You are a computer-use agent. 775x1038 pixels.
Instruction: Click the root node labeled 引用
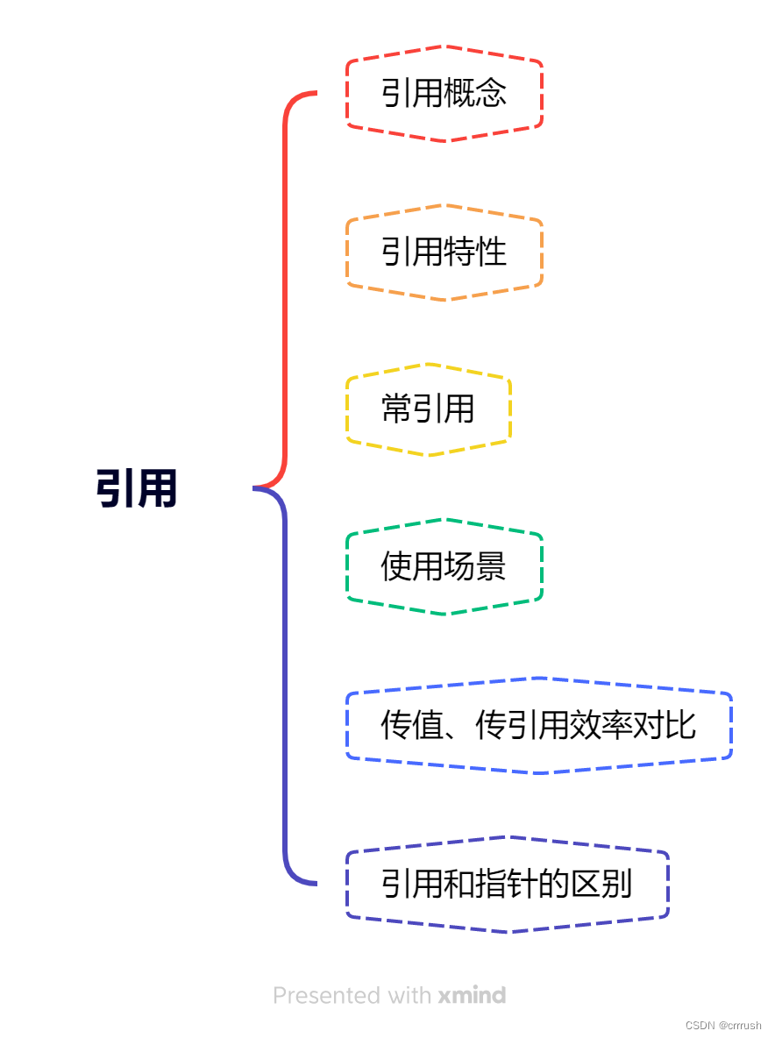click(x=137, y=488)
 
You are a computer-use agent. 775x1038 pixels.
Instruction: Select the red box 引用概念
click(x=444, y=93)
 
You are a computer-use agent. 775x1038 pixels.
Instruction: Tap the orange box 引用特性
click(x=444, y=252)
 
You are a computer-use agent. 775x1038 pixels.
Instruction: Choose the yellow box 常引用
click(x=428, y=409)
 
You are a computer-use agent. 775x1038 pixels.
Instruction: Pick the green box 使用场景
click(x=444, y=567)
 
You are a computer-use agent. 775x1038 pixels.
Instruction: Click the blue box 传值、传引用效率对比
click(x=538, y=725)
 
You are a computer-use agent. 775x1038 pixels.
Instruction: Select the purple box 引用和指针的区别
click(x=507, y=884)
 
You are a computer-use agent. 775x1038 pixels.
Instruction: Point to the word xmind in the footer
click(x=472, y=996)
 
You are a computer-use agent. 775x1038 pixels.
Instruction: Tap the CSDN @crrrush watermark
click(x=723, y=1025)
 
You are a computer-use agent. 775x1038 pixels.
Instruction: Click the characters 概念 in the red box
click(x=476, y=93)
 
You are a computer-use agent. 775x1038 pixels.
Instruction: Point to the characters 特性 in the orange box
click(x=476, y=252)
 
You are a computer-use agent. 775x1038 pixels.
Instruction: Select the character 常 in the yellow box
click(x=396, y=409)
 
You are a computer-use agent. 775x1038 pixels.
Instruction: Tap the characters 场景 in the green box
click(x=476, y=567)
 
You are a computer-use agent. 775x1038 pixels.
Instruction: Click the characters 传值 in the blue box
click(x=412, y=725)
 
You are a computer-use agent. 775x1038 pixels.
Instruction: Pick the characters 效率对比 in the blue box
click(x=634, y=725)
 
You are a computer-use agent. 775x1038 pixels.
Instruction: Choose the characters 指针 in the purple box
click(x=507, y=884)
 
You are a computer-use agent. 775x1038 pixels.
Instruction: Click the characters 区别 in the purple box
click(x=602, y=884)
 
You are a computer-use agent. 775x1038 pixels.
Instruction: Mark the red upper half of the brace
click(x=285, y=289)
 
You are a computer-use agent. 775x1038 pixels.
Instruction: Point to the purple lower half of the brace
click(x=285, y=684)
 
